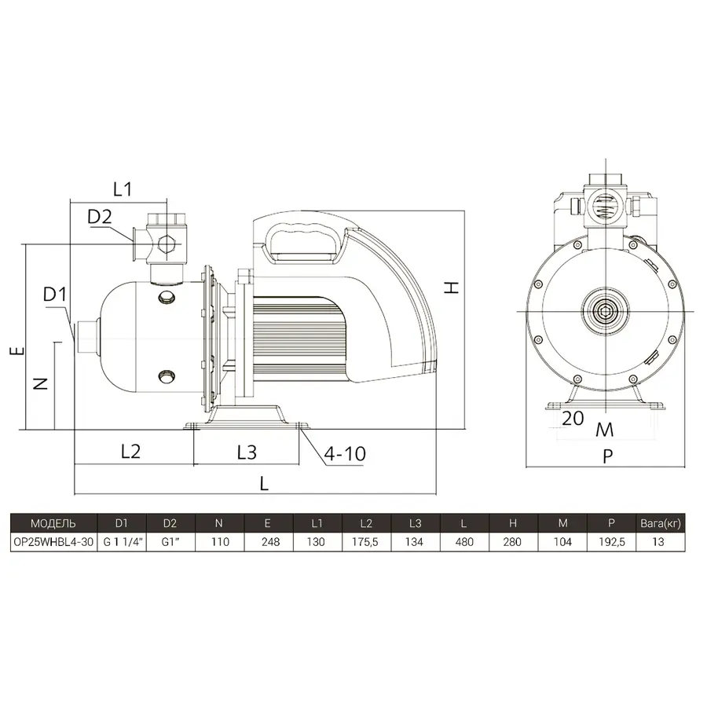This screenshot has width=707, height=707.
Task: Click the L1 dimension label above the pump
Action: [x=123, y=189]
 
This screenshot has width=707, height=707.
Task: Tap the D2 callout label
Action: [x=99, y=217]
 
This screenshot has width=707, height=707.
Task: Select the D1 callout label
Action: [x=54, y=295]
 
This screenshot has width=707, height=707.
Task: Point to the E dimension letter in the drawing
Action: [x=17, y=350]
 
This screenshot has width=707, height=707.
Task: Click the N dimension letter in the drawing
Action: [x=41, y=383]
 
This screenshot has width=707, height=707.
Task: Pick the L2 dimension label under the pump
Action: [x=130, y=451]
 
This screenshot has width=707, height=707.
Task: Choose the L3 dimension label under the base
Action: [x=247, y=452]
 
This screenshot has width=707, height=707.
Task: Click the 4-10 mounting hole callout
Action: [x=345, y=453]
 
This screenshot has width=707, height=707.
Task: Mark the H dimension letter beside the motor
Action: [x=452, y=288]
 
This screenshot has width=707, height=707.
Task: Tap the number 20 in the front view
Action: [x=573, y=419]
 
